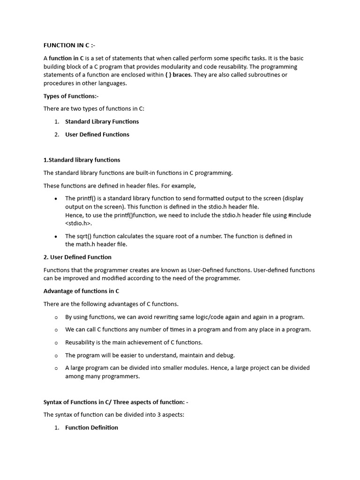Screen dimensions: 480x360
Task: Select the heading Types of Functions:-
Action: [71, 96]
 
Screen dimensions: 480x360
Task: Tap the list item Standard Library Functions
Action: [102, 121]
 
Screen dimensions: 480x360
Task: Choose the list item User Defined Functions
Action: [97, 135]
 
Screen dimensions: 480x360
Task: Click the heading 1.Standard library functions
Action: [82, 160]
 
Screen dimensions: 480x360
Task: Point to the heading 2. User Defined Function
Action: [77, 257]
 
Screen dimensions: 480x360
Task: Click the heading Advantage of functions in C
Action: [81, 291]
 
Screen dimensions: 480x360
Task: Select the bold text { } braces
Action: [178, 75]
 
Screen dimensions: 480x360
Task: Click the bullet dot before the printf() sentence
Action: [56, 198]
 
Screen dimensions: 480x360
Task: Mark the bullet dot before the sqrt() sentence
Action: [56, 237]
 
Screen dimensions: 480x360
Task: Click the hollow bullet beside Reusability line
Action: [56, 343]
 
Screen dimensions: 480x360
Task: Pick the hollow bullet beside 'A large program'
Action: [56, 368]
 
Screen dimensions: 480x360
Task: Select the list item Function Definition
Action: [91, 427]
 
